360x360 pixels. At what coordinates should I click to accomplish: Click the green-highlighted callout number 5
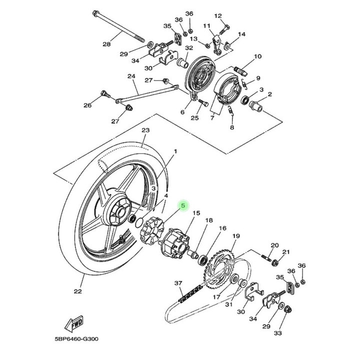183,205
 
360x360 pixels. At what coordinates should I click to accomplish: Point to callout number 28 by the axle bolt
106,44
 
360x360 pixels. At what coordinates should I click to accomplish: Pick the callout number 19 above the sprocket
236,236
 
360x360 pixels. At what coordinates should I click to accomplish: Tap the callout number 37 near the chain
178,283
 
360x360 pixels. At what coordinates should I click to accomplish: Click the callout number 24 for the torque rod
131,76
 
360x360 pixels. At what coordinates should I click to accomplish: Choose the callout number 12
218,16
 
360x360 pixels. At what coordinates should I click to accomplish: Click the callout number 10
258,56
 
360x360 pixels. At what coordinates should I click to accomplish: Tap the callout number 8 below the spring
232,127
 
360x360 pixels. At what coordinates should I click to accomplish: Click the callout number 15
196,213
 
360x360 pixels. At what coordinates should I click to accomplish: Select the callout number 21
286,252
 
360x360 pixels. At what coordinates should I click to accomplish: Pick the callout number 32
189,48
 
